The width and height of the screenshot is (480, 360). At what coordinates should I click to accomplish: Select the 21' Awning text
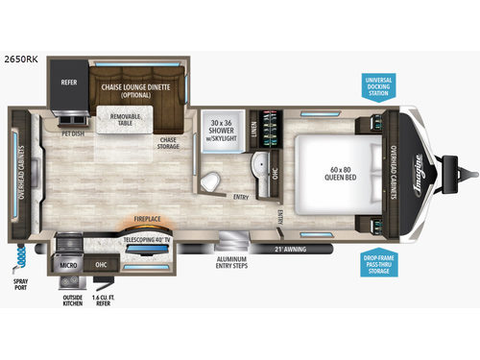click(296, 249)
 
